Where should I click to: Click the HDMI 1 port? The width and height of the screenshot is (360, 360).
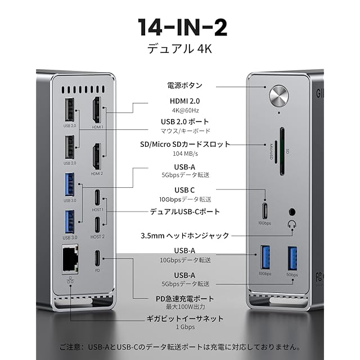[97, 110]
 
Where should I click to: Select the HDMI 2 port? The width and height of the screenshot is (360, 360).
[97, 156]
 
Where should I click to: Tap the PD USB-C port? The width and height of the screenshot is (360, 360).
[97, 258]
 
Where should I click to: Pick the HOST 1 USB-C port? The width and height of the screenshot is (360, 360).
[97, 198]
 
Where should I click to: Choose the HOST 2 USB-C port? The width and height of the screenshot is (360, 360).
[97, 224]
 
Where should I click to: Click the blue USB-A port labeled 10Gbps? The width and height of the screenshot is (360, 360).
[265, 258]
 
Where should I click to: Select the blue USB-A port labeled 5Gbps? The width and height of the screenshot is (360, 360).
[292, 258]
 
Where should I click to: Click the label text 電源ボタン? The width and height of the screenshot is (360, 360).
[184, 86]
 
